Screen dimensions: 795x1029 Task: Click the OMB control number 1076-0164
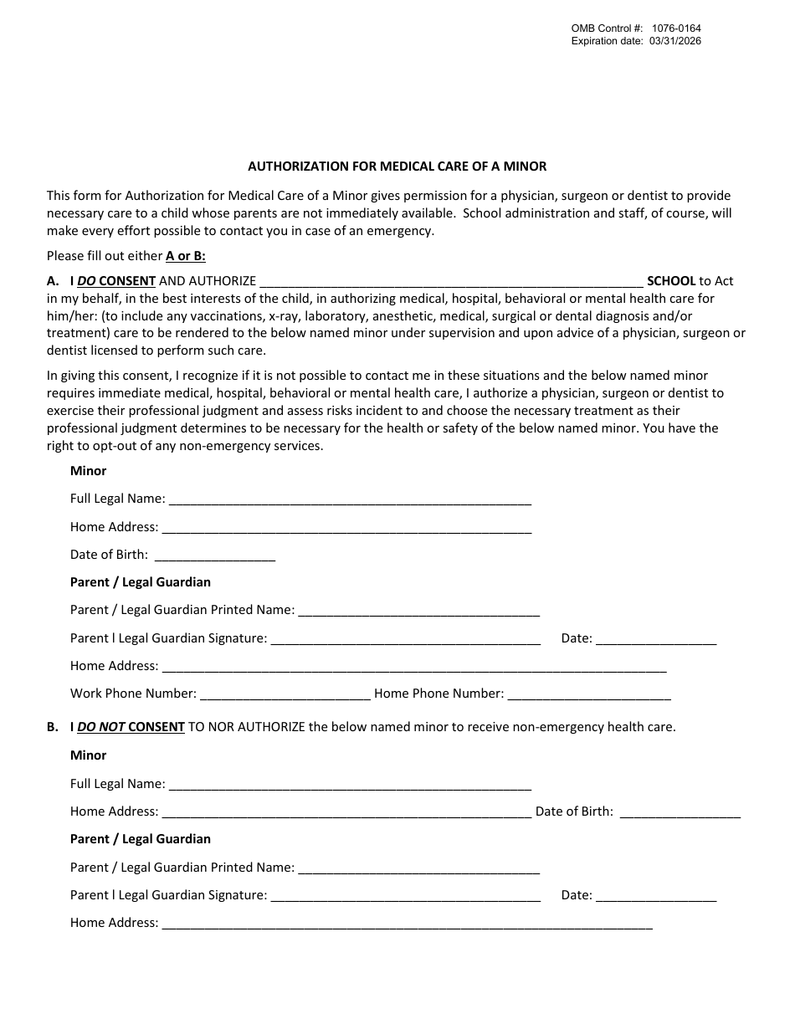pyautogui.click(x=676, y=28)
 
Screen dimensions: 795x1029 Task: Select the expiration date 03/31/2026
pyautogui.click(x=674, y=41)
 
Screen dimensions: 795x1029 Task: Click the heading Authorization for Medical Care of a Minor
pyautogui.click(x=397, y=166)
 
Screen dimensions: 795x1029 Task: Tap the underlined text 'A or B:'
pyautogui.click(x=185, y=256)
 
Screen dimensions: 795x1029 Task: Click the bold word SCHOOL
pyautogui.click(x=671, y=281)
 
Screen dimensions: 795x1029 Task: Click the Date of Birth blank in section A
pyautogui.click(x=215, y=555)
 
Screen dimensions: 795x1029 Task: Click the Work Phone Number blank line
pyautogui.click(x=285, y=694)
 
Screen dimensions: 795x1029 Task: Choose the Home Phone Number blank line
pyautogui.click(x=588, y=694)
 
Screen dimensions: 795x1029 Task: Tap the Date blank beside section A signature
pyautogui.click(x=656, y=639)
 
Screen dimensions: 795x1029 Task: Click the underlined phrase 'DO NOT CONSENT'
pyautogui.click(x=131, y=727)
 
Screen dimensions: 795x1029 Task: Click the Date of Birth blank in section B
pyautogui.click(x=680, y=812)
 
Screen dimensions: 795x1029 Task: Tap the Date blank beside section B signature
pyautogui.click(x=656, y=896)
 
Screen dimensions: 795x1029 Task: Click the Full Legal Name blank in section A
pyautogui.click(x=350, y=500)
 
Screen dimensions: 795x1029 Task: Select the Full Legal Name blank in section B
pyautogui.click(x=350, y=786)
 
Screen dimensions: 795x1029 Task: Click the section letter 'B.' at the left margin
pyautogui.click(x=53, y=727)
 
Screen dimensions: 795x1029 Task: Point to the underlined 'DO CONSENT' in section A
pyautogui.click(x=116, y=281)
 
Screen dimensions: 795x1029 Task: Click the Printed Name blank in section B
pyautogui.click(x=418, y=868)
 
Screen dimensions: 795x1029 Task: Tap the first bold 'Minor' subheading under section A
pyautogui.click(x=88, y=471)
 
